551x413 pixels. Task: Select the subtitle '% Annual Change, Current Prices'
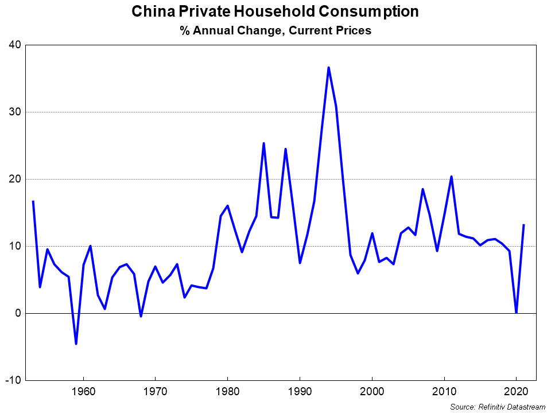coord(275,31)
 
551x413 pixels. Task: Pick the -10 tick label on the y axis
coord(14,381)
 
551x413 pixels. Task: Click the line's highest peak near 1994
coord(328,68)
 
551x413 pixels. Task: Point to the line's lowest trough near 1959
coord(76,344)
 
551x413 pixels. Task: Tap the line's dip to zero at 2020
coord(516,313)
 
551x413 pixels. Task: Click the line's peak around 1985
coord(263,143)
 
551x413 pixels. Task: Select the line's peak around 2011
coord(451,177)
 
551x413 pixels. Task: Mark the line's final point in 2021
coord(523,225)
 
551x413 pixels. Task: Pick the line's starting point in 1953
coord(33,201)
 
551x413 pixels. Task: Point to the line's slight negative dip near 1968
coord(141,316)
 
